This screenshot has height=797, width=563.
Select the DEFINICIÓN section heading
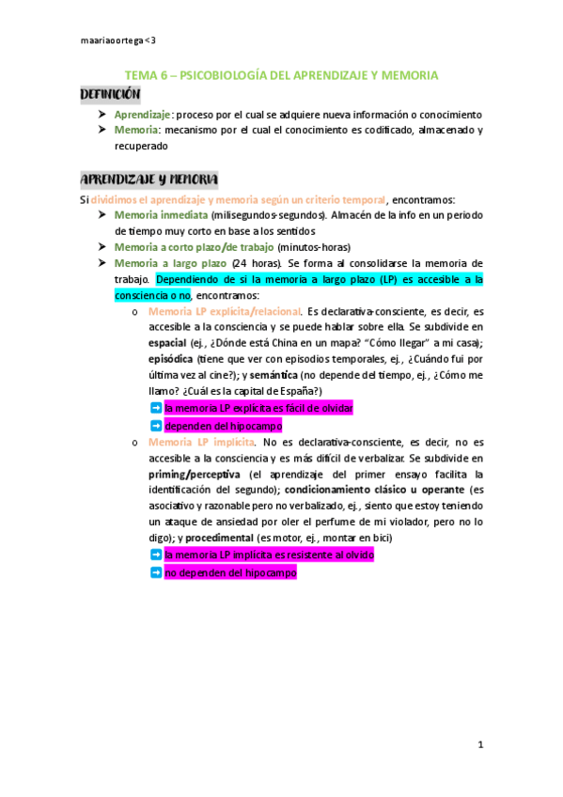pos(110,95)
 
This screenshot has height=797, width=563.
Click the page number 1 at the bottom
pos(479,745)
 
